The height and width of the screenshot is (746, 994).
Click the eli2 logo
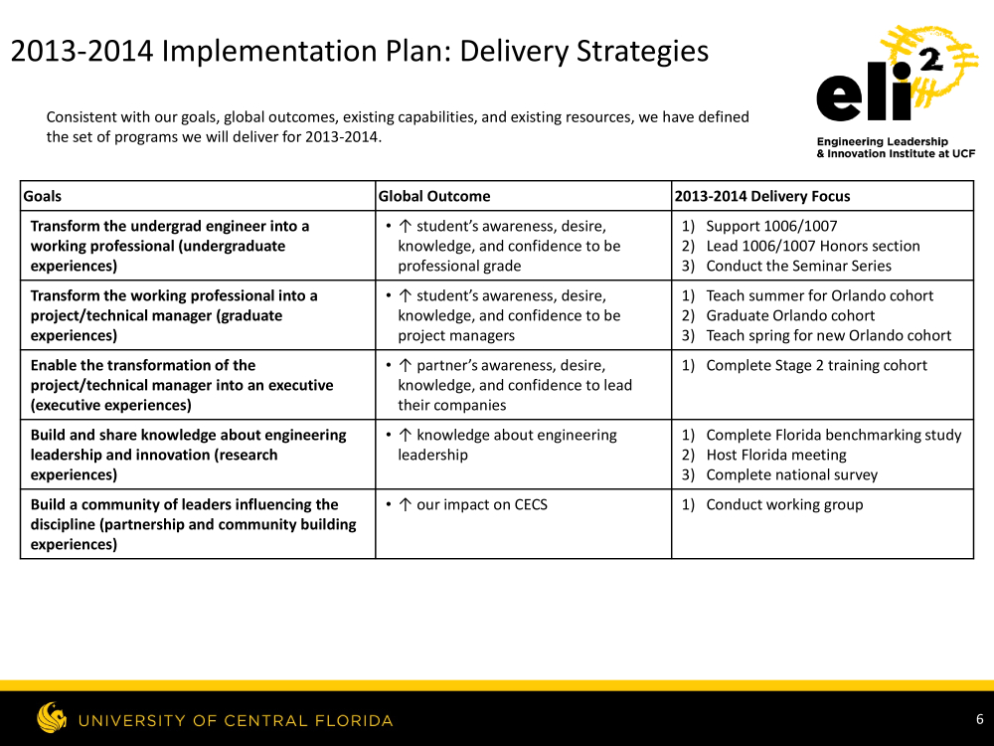point(897,92)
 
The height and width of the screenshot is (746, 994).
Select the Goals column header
point(43,196)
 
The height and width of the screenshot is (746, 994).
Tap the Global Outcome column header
point(434,196)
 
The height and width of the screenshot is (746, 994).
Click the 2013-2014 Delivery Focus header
point(762,196)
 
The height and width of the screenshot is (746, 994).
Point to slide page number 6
point(979,719)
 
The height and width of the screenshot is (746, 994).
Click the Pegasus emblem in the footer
point(52,717)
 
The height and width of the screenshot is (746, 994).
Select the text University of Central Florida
point(236,720)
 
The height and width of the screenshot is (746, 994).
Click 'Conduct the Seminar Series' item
point(799,266)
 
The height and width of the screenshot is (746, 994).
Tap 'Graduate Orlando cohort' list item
point(790,315)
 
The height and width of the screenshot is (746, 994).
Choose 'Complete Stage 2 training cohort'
point(816,365)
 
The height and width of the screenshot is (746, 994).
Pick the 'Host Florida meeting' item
point(776,455)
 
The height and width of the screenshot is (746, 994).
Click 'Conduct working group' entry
point(785,505)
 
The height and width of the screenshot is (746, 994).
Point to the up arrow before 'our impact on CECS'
point(406,505)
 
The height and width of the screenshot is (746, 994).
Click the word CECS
point(531,505)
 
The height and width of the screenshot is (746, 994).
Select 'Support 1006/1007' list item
point(771,227)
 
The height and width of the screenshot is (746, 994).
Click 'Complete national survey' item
point(792,474)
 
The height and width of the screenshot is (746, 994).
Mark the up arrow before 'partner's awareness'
point(406,365)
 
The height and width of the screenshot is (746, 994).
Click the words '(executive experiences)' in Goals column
point(111,405)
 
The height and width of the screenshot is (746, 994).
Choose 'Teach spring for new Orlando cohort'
point(829,335)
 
